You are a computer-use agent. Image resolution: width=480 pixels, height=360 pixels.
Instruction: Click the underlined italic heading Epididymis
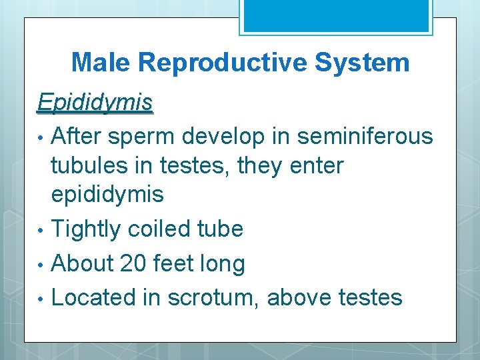pos(95,103)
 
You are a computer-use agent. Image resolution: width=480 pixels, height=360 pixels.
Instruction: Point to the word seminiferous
pos(365,136)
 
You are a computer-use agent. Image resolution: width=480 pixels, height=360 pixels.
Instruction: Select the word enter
pos(315,165)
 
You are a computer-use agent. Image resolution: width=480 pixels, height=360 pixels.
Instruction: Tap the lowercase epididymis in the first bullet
pos(107,195)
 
